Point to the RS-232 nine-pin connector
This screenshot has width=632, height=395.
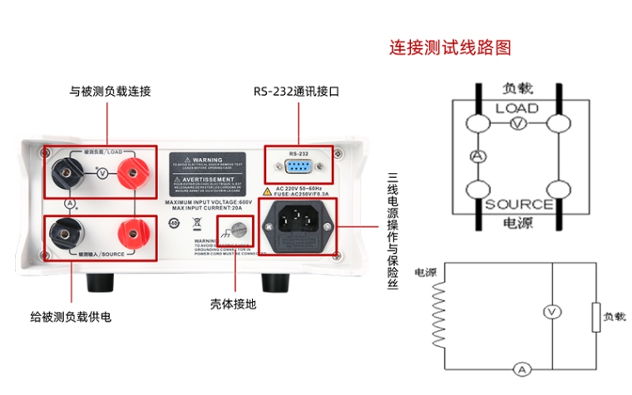click(x=298, y=168)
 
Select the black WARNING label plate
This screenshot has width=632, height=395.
click(x=208, y=172)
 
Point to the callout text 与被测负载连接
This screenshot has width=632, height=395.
click(x=110, y=91)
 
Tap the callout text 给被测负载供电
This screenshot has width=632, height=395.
click(x=71, y=317)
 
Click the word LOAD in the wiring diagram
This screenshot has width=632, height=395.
click(x=516, y=108)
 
